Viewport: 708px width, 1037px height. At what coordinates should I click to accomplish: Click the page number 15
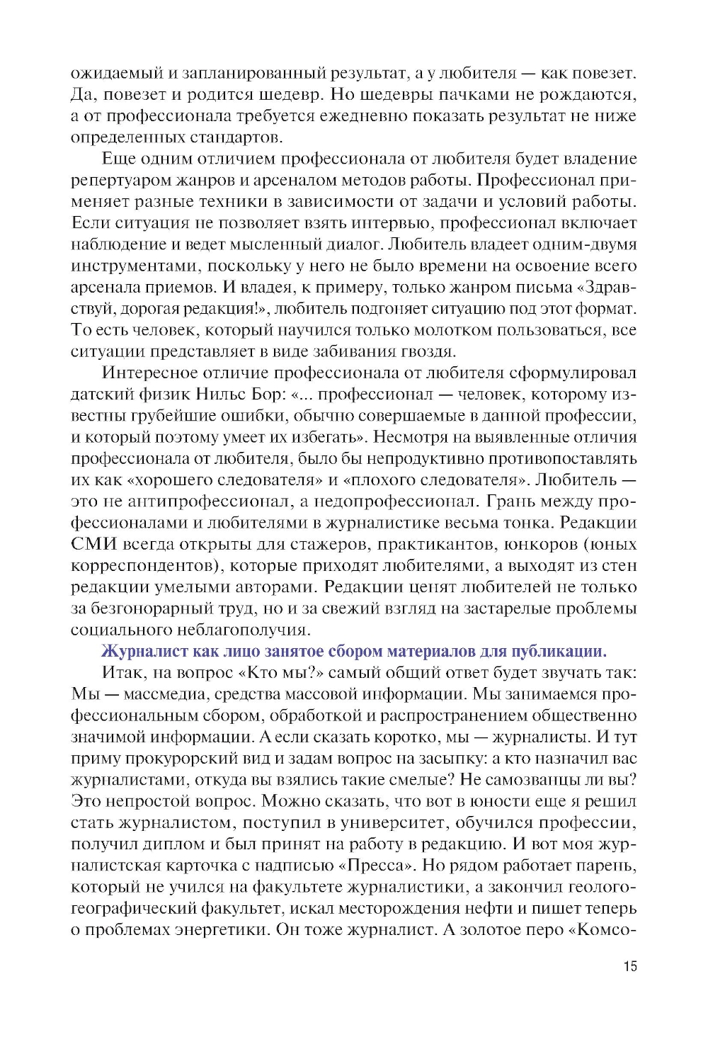pos(629,966)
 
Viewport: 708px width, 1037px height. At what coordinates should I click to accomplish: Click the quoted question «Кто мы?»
pos(281,673)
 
